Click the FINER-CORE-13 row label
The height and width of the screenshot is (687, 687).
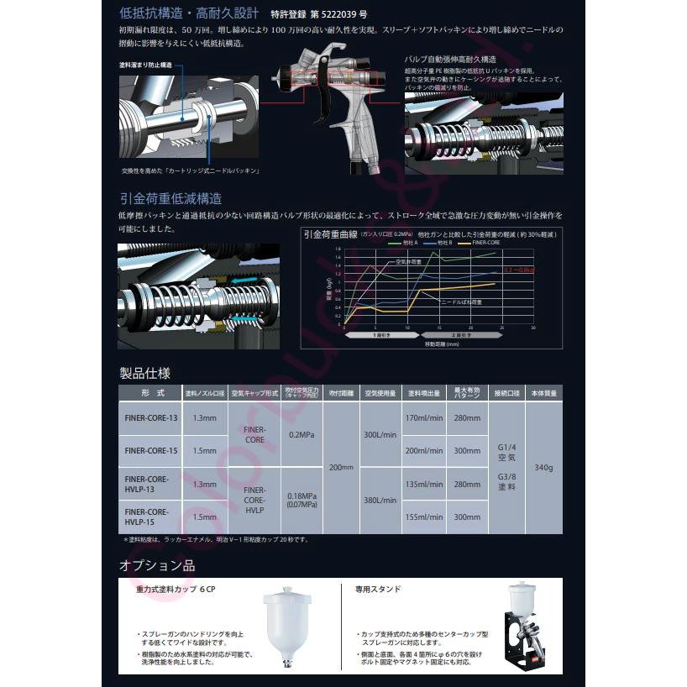150,418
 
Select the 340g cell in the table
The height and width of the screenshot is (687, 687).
543,467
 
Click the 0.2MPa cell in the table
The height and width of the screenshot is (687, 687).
301,435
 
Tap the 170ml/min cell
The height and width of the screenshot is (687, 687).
423,418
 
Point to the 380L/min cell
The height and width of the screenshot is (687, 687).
380,500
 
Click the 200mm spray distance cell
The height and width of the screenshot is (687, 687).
341,467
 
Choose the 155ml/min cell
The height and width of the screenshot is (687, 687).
423,517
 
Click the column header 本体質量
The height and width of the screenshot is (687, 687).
543,393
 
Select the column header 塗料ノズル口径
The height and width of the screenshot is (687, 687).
204,393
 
